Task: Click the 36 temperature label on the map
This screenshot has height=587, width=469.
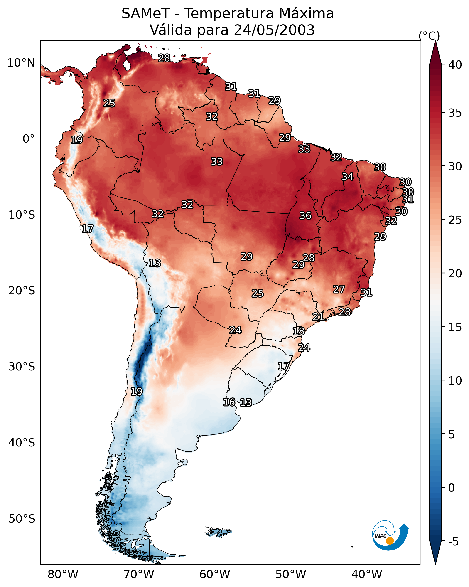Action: (305, 216)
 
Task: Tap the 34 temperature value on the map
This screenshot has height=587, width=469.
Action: (348, 177)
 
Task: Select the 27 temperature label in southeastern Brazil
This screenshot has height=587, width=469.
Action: (339, 289)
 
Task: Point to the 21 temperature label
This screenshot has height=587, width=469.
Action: (318, 317)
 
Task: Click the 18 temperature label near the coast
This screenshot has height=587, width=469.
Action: (299, 331)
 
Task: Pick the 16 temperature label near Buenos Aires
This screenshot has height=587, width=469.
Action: (229, 402)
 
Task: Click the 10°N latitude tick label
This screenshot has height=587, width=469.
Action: (21, 63)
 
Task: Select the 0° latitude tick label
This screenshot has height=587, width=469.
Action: (29, 139)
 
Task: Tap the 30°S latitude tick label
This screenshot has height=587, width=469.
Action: (22, 367)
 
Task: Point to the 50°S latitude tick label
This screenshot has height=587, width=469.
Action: (22, 519)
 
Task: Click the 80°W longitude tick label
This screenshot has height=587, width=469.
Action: (63, 574)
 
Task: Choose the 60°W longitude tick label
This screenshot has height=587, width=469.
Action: (215, 574)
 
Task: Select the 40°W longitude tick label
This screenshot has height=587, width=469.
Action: (367, 574)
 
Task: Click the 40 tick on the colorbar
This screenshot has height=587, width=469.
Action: (455, 65)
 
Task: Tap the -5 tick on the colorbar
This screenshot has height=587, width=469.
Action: (454, 542)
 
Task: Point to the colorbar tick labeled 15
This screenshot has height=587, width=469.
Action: (455, 327)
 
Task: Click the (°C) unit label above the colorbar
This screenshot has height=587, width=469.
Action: (429, 36)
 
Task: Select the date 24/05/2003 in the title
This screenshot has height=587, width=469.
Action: (274, 30)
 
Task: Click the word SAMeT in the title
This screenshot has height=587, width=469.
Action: (146, 14)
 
